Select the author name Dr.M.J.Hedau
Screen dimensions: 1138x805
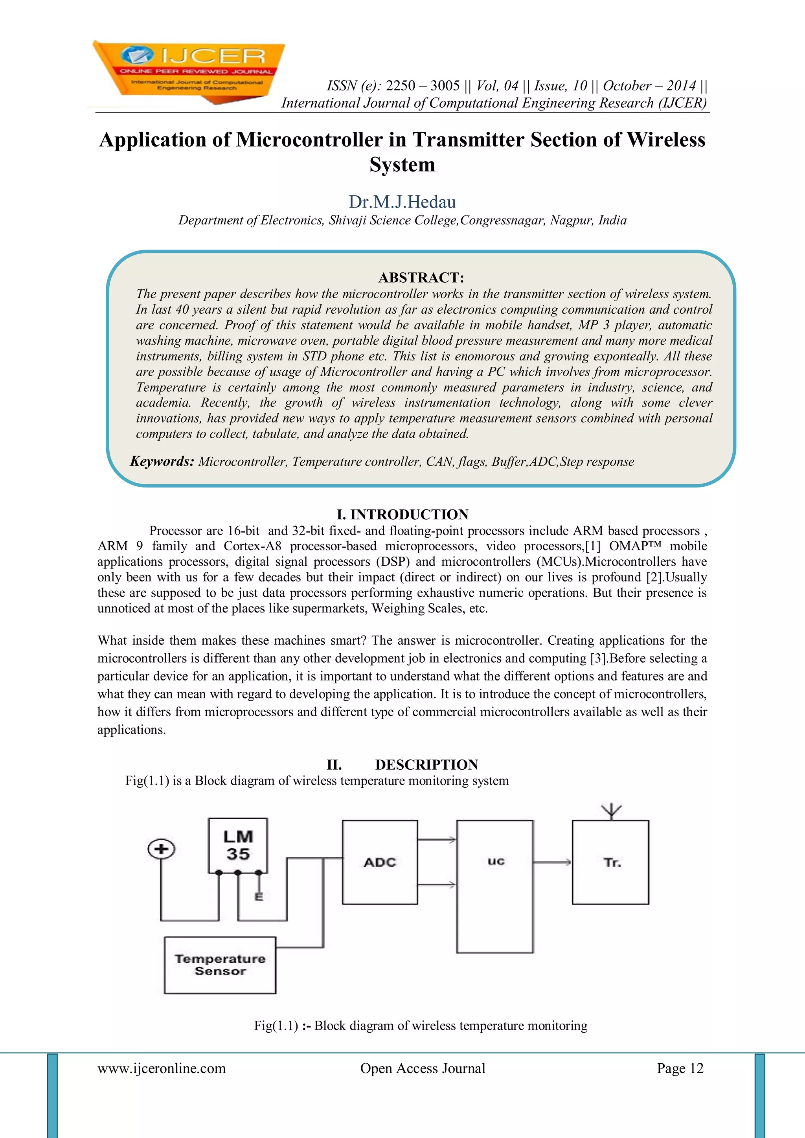coord(402,202)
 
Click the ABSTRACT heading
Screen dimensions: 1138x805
coord(421,278)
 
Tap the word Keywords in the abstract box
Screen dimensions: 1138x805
coord(162,461)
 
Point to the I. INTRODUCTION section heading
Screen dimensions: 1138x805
coord(402,515)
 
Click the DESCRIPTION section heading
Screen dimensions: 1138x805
coord(426,765)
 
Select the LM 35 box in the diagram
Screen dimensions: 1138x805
coord(238,845)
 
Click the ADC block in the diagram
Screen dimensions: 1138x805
coord(380,862)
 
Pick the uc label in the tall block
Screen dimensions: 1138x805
coord(496,861)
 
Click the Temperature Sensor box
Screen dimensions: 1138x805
coord(220,965)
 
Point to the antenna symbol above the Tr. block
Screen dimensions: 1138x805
coord(611,811)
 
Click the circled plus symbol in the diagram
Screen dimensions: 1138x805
coord(161,849)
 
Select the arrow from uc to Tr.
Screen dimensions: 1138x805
coord(552,862)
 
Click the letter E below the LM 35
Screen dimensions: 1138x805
coord(258,897)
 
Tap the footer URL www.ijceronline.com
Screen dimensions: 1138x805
coord(162,1068)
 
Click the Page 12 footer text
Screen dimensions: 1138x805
coord(680,1068)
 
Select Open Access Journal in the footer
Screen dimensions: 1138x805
coord(422,1068)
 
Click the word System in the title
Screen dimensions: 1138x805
coord(402,165)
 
